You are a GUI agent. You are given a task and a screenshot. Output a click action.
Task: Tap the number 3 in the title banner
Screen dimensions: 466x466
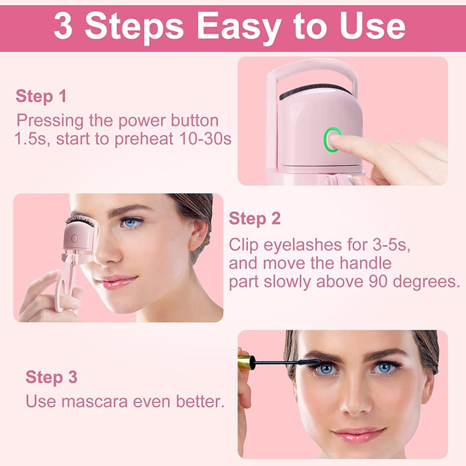tap(63, 26)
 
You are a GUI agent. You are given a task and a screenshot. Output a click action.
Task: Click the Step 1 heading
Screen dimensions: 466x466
tap(41, 96)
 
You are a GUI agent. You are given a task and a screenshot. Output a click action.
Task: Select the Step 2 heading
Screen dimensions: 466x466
tap(255, 219)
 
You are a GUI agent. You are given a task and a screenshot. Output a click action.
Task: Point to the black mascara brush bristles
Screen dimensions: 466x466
tap(308, 362)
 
